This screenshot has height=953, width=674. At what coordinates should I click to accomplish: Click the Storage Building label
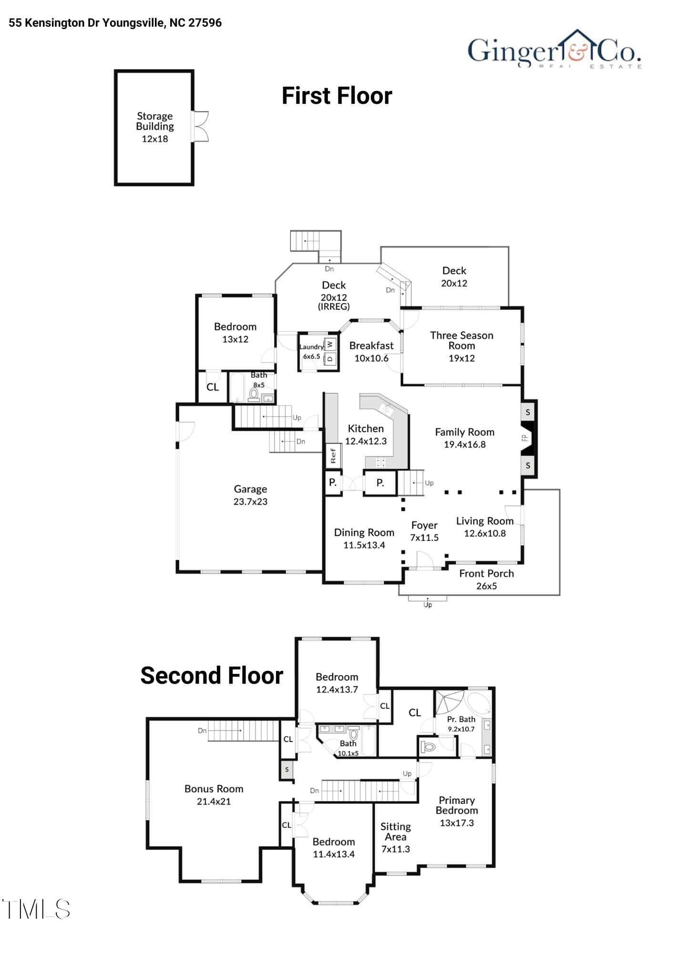click(x=155, y=121)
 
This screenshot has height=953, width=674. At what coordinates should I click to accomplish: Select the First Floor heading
click(x=337, y=96)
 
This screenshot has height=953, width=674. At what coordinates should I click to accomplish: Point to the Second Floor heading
click(x=212, y=675)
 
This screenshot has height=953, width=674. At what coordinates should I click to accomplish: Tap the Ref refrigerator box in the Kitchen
click(x=333, y=455)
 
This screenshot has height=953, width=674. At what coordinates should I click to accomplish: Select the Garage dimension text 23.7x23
click(x=250, y=501)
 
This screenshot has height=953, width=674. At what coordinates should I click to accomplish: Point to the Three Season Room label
click(x=461, y=340)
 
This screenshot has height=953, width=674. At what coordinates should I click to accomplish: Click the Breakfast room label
click(x=371, y=345)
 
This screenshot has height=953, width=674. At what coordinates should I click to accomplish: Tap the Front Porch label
click(x=487, y=573)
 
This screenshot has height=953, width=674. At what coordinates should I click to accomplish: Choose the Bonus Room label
click(x=214, y=789)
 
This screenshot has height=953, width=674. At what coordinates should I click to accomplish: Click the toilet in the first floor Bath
click(x=254, y=395)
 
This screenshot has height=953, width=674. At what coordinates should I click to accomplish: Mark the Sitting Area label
click(x=396, y=831)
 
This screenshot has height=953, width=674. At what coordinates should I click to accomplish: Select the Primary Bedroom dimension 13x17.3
click(x=457, y=823)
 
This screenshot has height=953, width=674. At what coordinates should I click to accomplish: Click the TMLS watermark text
click(x=37, y=909)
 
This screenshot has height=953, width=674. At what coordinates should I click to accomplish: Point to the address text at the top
click(x=115, y=23)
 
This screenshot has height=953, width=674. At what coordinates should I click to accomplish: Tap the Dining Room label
click(x=364, y=532)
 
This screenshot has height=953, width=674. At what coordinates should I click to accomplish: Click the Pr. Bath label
click(x=461, y=719)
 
